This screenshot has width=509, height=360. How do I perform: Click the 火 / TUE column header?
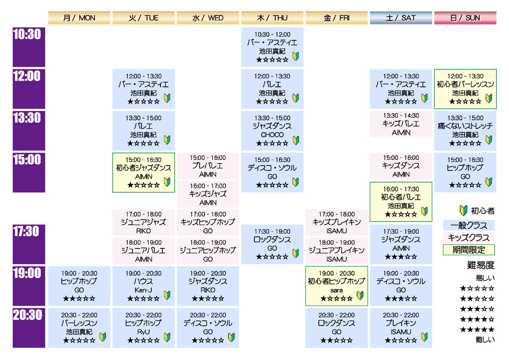click(x=144, y=18)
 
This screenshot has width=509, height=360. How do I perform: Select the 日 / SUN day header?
click(x=465, y=18)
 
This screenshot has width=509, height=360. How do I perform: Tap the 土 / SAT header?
click(x=401, y=18)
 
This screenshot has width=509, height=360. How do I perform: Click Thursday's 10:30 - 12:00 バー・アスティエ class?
click(x=272, y=47)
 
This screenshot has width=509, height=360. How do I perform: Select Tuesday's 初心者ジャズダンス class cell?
click(x=144, y=172)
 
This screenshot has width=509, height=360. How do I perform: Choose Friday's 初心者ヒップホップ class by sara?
click(x=336, y=286)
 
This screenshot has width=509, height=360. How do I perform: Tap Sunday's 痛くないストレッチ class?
click(x=465, y=130)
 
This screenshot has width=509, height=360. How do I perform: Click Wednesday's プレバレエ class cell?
click(x=208, y=165)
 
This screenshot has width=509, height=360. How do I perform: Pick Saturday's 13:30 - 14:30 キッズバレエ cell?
click(x=401, y=124)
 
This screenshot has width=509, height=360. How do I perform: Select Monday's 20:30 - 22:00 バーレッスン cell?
click(x=79, y=327)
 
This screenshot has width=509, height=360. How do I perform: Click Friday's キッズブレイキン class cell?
click(x=336, y=222)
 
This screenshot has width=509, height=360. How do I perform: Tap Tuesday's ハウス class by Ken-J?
click(x=144, y=286)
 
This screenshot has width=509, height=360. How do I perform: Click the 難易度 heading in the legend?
click(x=480, y=265)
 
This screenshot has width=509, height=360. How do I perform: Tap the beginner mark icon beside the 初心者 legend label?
click(x=463, y=210)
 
